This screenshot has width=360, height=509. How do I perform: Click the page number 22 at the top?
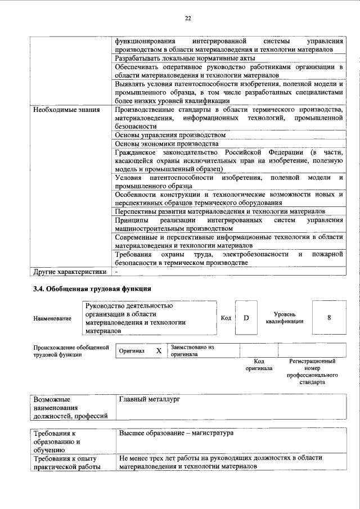point(188,19)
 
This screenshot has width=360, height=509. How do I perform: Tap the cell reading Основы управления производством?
point(170,136)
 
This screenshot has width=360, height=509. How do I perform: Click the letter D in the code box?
point(246,318)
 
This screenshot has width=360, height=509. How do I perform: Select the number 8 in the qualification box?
point(328,318)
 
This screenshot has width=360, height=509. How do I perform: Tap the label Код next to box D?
point(226,318)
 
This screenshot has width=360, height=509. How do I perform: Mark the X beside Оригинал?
point(159,351)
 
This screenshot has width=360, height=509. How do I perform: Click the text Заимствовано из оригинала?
point(192,351)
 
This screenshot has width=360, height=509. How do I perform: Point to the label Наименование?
point(52,319)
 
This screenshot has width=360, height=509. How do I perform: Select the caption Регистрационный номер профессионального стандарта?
point(312,371)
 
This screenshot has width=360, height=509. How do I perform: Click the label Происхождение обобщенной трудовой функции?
point(70,351)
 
